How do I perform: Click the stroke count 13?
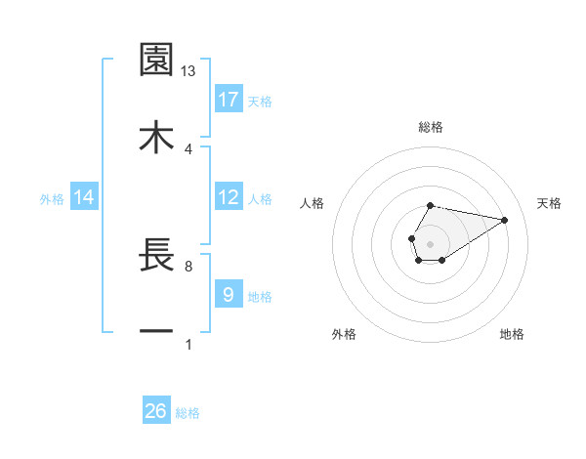tap(188, 71)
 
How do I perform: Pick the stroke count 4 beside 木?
tap(188, 148)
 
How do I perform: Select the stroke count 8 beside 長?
tap(188, 266)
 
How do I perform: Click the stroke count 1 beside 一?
tap(188, 344)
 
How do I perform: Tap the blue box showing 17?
tap(229, 100)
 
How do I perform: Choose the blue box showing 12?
tap(229, 197)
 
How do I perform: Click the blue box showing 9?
tap(229, 295)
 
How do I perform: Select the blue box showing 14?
tap(83, 198)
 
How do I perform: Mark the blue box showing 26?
tap(156, 412)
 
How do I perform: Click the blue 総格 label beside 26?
tap(188, 413)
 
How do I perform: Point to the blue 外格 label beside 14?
tap(52, 199)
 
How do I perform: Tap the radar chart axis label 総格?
tap(430, 127)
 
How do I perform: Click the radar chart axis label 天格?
tap(549, 203)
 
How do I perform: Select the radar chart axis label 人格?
tap(312, 203)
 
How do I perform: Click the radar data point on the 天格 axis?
tap(505, 219)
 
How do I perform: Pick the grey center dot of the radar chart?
tap(430, 242)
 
